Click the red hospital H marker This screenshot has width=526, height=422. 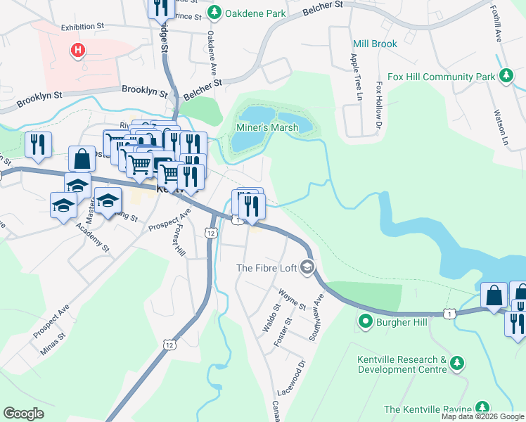point(78,50)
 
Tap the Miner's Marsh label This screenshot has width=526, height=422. point(267,127)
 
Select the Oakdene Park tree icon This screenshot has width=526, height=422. point(215,12)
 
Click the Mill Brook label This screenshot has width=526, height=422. point(375,44)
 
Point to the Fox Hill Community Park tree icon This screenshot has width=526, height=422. point(505,76)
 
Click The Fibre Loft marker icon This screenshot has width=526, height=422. point(307,267)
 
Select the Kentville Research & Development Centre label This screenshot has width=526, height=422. point(402,364)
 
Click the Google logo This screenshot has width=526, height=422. point(23,414)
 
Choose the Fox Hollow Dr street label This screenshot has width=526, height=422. point(378,105)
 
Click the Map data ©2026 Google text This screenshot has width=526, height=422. point(482,416)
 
